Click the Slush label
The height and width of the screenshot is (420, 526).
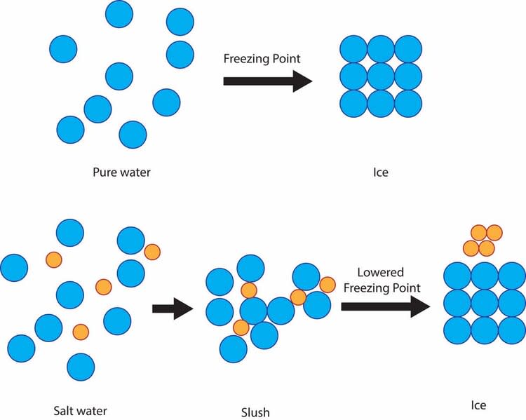[255, 412]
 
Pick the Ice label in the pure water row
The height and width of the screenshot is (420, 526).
[381, 172]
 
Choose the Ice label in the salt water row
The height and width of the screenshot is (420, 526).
[478, 405]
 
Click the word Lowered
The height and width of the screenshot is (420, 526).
[380, 272]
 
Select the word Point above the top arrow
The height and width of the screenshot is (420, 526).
[286, 58]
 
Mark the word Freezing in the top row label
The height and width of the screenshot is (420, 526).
[247, 59]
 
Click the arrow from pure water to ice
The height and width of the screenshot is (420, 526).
[268, 81]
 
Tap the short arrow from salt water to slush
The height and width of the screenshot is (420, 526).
[173, 309]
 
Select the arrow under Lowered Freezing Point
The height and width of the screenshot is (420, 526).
[386, 306]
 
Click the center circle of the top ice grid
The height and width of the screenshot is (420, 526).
[381, 76]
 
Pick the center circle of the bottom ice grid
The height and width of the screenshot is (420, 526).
[485, 304]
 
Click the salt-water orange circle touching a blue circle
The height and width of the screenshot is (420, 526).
[152, 252]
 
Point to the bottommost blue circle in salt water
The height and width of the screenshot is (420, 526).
[81, 367]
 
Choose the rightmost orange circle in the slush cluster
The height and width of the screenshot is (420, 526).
[328, 285]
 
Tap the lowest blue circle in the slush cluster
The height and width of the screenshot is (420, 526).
[234, 349]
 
